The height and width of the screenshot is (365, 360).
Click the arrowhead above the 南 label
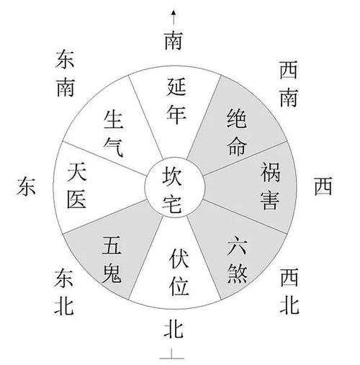tap(174, 13)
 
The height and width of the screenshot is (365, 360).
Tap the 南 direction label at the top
tap(174, 40)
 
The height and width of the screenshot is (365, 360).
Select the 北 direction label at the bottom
tap(174, 329)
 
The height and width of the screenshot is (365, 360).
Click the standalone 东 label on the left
tap(26, 186)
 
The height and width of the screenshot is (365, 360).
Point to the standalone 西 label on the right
tap(323, 186)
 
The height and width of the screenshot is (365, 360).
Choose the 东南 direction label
tap(65, 73)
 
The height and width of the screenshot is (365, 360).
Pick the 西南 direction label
tap(289, 84)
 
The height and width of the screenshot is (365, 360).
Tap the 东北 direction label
tap(64, 292)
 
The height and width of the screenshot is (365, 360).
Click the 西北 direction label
tap(289, 291)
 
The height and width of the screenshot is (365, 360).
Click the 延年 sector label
tap(176, 101)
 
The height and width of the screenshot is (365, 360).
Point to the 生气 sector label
tap(114, 133)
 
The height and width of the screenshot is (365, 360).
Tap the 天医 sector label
tap(77, 185)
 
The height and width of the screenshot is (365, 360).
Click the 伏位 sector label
tap(179, 271)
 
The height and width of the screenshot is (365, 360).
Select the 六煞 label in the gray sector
tap(237, 260)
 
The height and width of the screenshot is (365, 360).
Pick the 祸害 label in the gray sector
tap(270, 186)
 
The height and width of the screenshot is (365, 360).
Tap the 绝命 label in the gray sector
tap(237, 132)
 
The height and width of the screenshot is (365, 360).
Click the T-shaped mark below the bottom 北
tap(172, 355)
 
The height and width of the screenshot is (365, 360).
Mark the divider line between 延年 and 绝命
tap(204, 117)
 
